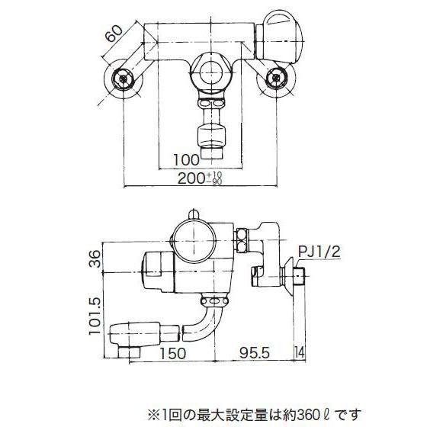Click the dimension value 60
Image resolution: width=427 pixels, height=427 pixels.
click(x=112, y=35)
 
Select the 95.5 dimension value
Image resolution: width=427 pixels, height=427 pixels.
click(x=252, y=353)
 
